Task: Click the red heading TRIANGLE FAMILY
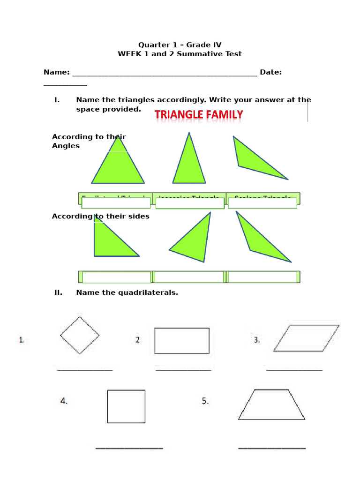tap(199, 114)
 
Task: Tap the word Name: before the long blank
tap(56, 72)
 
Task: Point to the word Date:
tap(270, 72)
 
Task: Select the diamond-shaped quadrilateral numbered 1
tap(80, 335)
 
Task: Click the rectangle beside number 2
tap(181, 340)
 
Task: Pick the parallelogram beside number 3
tap(306, 338)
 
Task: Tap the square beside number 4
tap(126, 406)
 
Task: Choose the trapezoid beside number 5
tap(271, 405)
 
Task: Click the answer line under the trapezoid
tap(272, 448)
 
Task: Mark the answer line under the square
tap(129, 448)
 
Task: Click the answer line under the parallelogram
tap(294, 370)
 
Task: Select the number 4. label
tap(64, 401)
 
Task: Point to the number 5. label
tap(205, 401)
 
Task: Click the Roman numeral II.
tap(58, 292)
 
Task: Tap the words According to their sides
tap(100, 216)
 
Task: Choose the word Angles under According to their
tap(66, 146)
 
